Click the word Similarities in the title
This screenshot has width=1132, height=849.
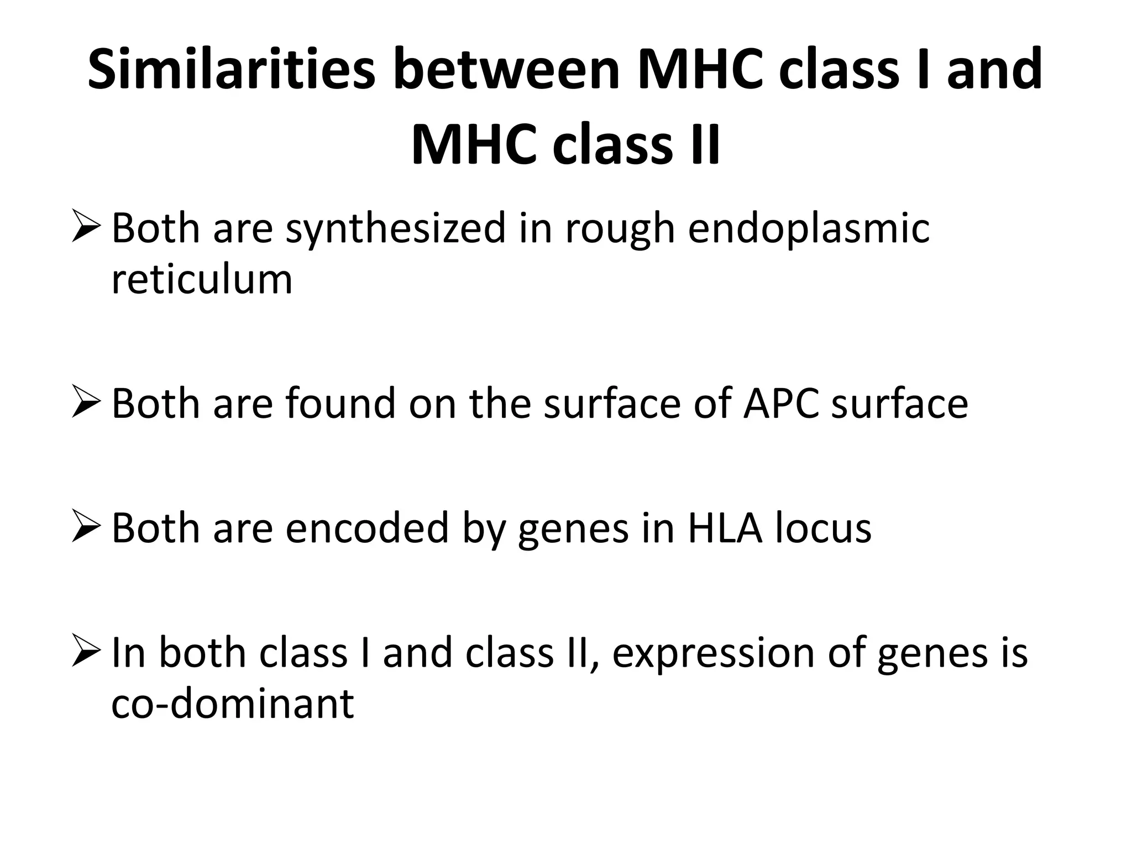point(232,70)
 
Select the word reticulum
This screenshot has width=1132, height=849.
point(202,280)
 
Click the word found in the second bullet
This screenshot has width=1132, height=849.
point(340,403)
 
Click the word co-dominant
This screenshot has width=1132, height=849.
point(232,703)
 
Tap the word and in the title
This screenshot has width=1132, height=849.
point(994,70)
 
